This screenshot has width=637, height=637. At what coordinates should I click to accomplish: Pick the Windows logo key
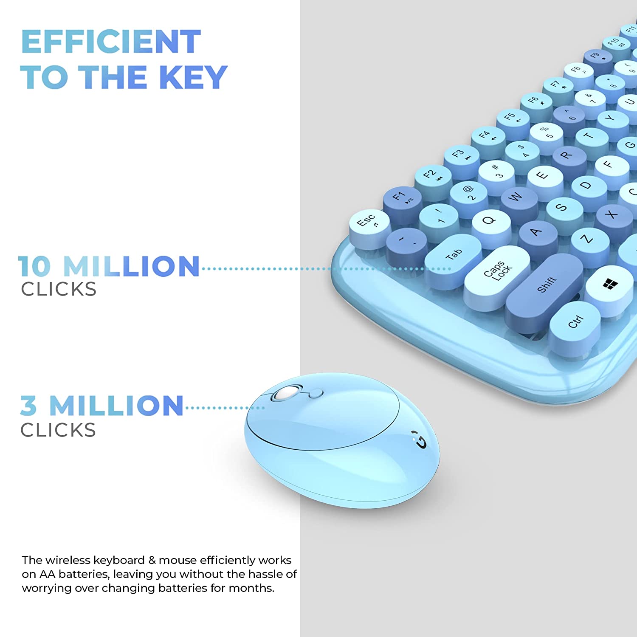[610, 284]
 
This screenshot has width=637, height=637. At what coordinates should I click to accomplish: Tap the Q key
[490, 221]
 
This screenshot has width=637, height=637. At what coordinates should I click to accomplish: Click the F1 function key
[401, 197]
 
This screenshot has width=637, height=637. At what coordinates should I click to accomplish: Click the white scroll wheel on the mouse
[283, 393]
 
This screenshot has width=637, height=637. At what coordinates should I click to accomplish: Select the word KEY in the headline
[193, 77]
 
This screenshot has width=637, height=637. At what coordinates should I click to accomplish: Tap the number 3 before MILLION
[28, 406]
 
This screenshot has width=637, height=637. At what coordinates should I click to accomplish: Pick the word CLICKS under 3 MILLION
[58, 430]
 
